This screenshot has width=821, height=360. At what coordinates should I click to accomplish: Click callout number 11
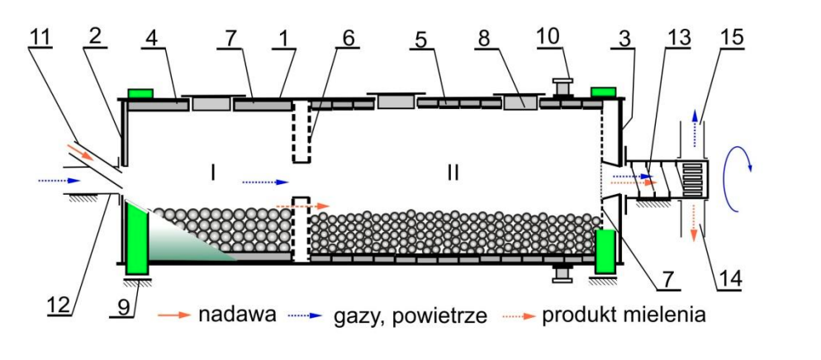[41, 38]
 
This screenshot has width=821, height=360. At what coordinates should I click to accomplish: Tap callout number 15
[730, 37]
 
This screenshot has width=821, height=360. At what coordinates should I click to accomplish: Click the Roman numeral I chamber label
[212, 173]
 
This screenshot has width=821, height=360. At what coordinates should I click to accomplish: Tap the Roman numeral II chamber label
[453, 173]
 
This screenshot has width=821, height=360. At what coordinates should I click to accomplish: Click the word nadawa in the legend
[237, 315]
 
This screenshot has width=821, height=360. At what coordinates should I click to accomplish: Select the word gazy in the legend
[354, 316]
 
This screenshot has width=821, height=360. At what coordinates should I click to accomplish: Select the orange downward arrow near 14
[695, 222]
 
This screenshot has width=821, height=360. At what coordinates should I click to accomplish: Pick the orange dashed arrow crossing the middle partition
[303, 206]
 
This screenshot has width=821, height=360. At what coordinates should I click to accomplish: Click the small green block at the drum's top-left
[140, 93]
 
